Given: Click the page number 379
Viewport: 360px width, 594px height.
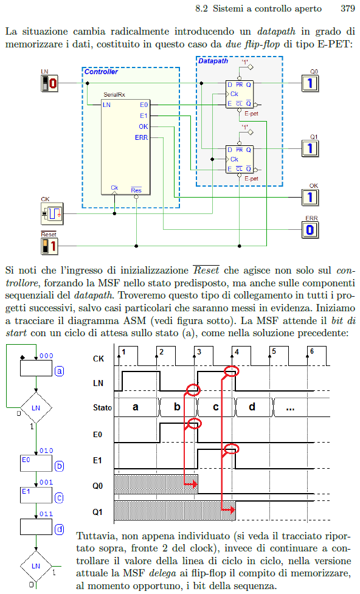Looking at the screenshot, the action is (x=347, y=9).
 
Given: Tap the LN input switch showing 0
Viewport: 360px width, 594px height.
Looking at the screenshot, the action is (x=49, y=83).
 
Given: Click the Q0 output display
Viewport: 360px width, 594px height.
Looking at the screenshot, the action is (x=310, y=83).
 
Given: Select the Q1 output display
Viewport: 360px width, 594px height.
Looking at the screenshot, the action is (x=310, y=148).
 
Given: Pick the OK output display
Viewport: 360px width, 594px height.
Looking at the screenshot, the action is (x=310, y=197).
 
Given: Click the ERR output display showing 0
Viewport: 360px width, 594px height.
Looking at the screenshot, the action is (x=310, y=230).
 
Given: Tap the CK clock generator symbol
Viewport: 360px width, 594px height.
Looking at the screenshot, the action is (x=52, y=213).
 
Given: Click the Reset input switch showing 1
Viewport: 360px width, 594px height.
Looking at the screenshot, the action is (x=49, y=246).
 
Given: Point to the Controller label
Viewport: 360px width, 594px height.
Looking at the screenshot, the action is (x=101, y=72).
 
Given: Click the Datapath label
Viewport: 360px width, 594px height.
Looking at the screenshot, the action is (x=213, y=61).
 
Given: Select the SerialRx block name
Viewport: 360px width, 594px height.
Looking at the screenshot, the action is (x=114, y=95).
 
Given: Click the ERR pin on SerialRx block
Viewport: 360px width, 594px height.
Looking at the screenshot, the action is (x=141, y=137).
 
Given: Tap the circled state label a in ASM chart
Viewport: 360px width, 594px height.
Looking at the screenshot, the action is (x=59, y=371).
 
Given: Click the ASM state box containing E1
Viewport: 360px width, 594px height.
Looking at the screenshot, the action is (x=36, y=495).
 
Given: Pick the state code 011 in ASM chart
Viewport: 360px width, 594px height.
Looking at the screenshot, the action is (x=46, y=514).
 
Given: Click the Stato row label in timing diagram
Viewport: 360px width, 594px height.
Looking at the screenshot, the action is (x=102, y=407).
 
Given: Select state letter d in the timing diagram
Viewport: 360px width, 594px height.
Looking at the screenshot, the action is (x=252, y=407).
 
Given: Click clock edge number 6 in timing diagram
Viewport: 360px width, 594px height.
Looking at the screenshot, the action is (x=312, y=351).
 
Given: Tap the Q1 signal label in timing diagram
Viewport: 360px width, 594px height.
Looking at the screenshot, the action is (x=98, y=512).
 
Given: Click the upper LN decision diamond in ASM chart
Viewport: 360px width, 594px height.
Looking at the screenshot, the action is (x=36, y=408).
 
